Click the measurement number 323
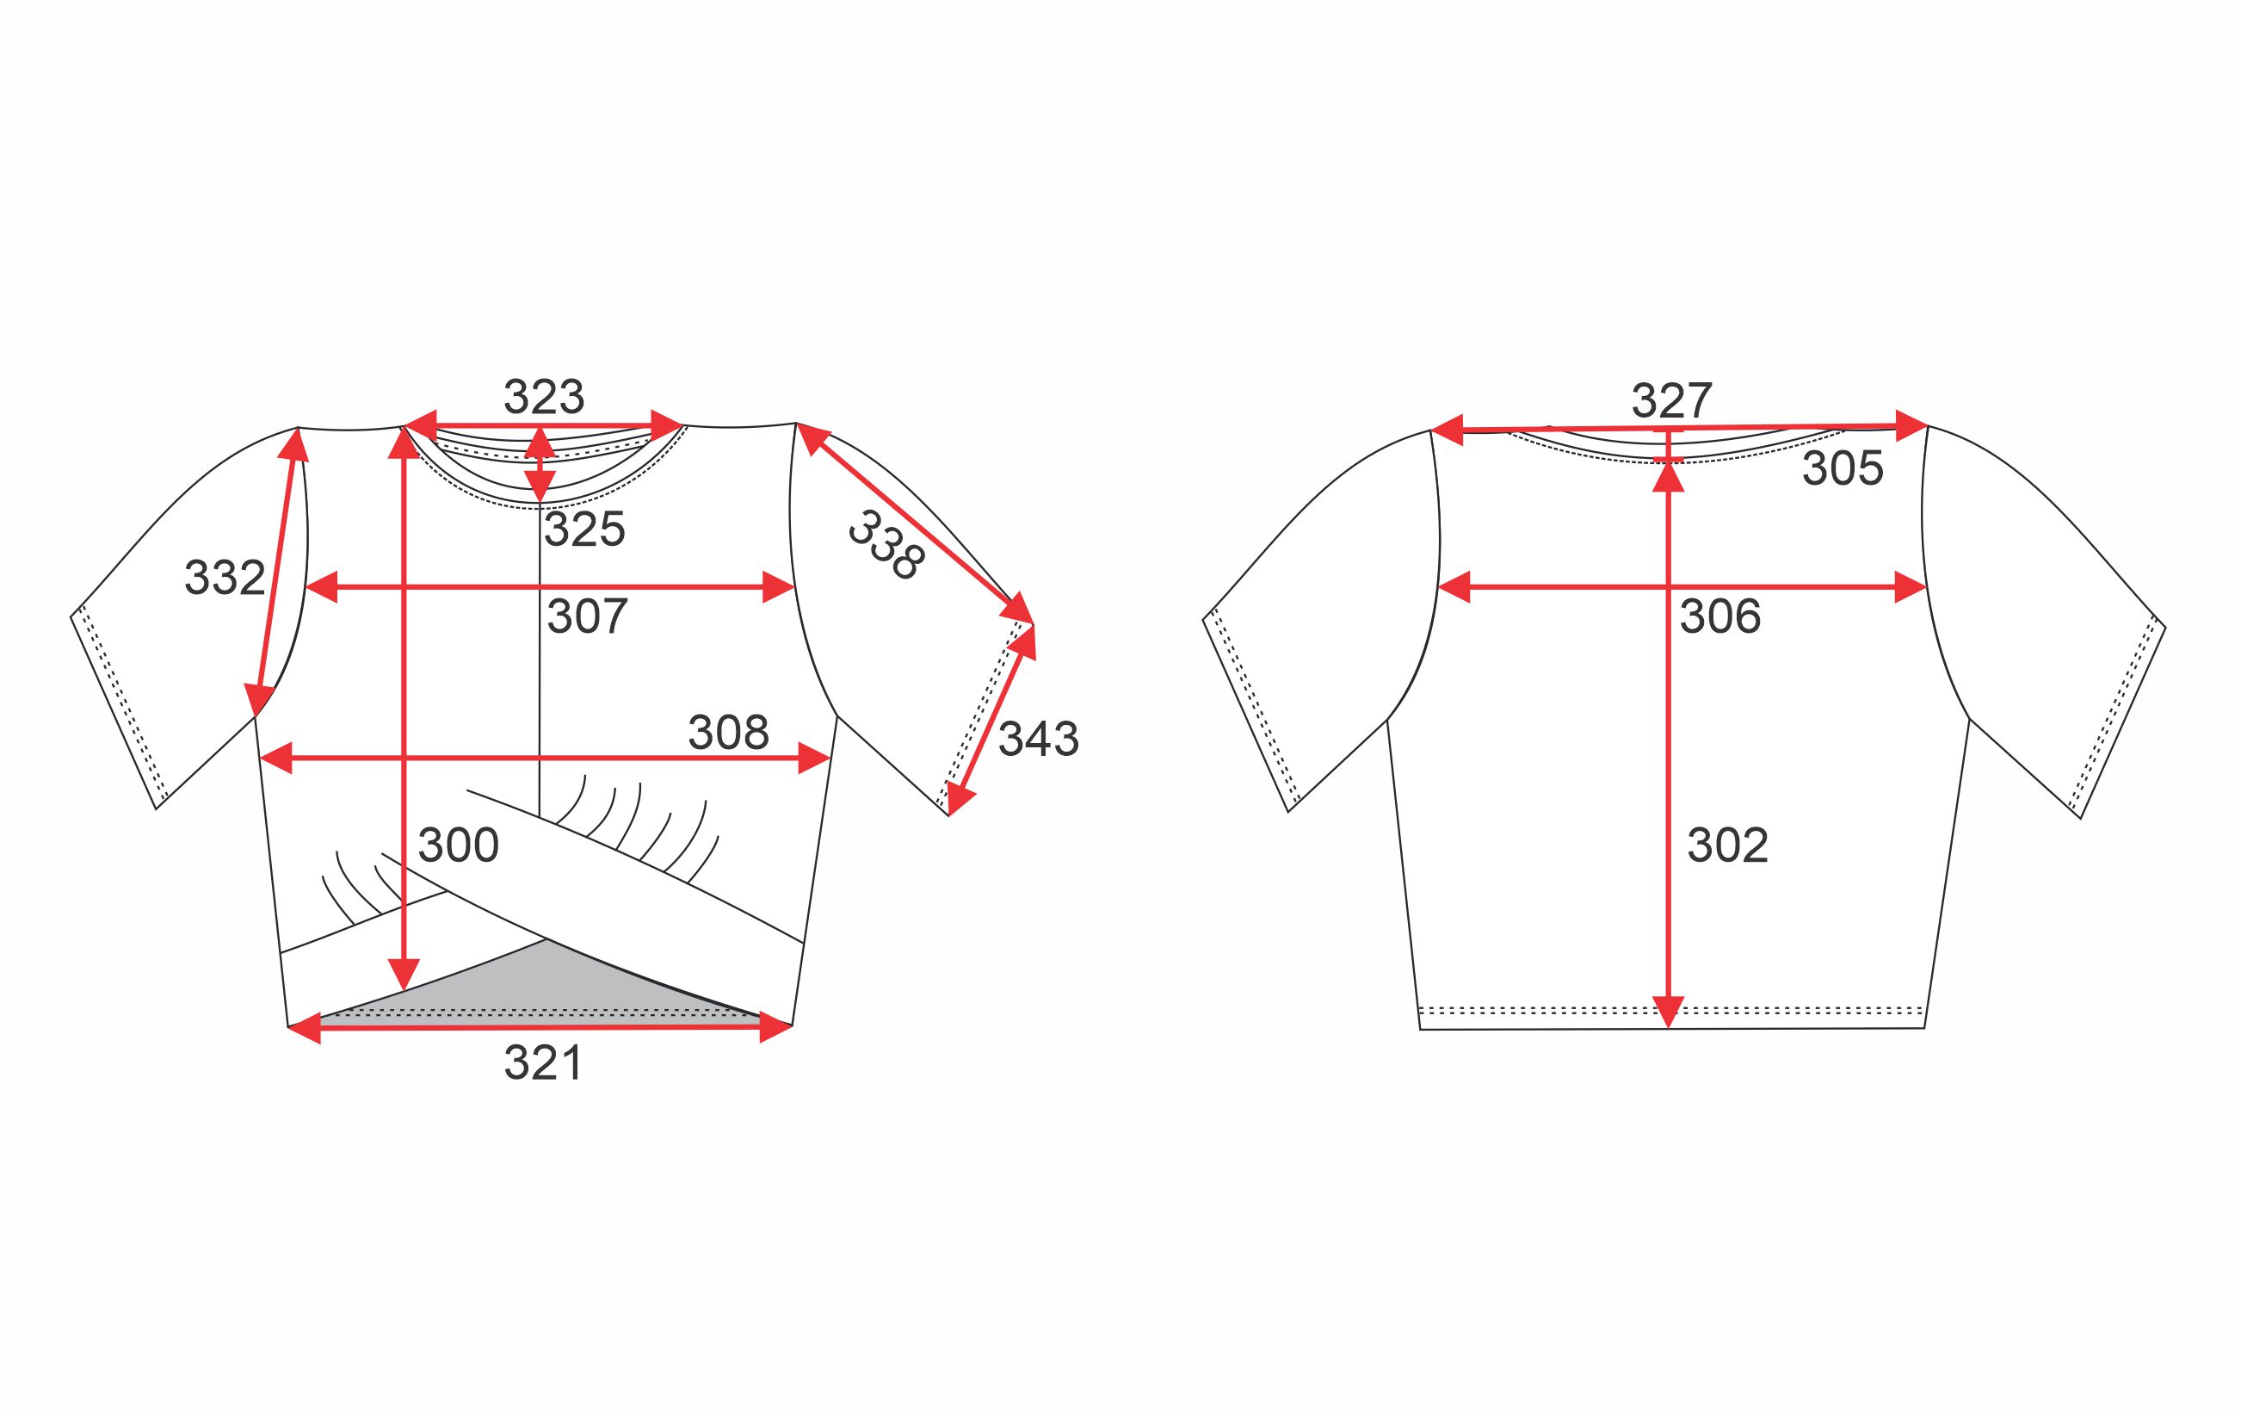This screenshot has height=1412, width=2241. pos(544,398)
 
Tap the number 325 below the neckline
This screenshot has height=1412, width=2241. pos(584,529)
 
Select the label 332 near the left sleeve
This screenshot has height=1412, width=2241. pos(225,578)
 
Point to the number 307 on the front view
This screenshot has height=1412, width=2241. pos(587,616)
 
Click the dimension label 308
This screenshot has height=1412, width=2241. pos(729,734)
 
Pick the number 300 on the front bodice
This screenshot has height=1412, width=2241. pos(459,845)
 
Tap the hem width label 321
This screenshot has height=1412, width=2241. pos(544,1063)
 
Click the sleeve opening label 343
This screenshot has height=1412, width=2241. pos(1039,740)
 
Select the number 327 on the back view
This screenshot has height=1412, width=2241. pos(1671,401)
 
